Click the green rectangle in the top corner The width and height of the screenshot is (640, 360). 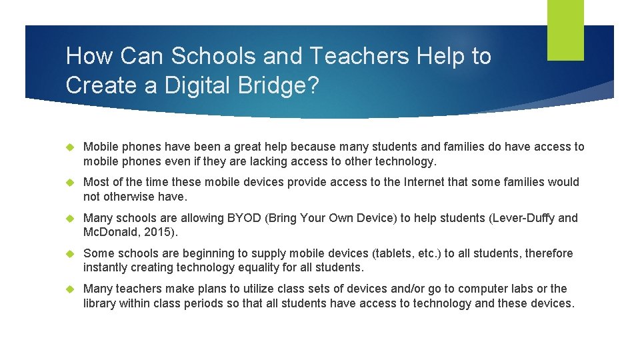point(565,30)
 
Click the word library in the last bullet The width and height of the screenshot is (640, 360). point(101,303)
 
